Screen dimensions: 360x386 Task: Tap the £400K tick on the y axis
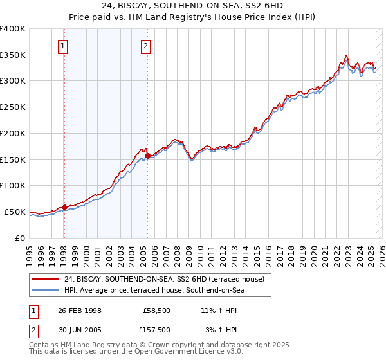click(13, 29)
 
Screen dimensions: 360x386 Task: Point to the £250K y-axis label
click(13, 107)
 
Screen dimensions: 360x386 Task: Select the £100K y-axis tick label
click(13, 186)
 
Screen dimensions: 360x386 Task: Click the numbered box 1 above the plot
click(64, 46)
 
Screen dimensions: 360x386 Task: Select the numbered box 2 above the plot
click(147, 46)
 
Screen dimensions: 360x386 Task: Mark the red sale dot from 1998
click(64, 207)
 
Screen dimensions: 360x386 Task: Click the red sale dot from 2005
click(148, 155)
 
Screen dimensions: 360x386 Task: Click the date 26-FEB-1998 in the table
click(80, 310)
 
